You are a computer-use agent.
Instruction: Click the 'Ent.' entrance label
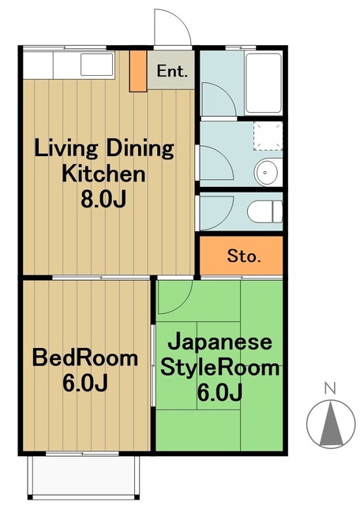(x=172, y=71)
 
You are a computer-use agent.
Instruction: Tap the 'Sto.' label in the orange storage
(x=243, y=256)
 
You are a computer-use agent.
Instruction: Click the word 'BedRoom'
(x=84, y=358)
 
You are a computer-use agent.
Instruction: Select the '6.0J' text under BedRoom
(x=84, y=383)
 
